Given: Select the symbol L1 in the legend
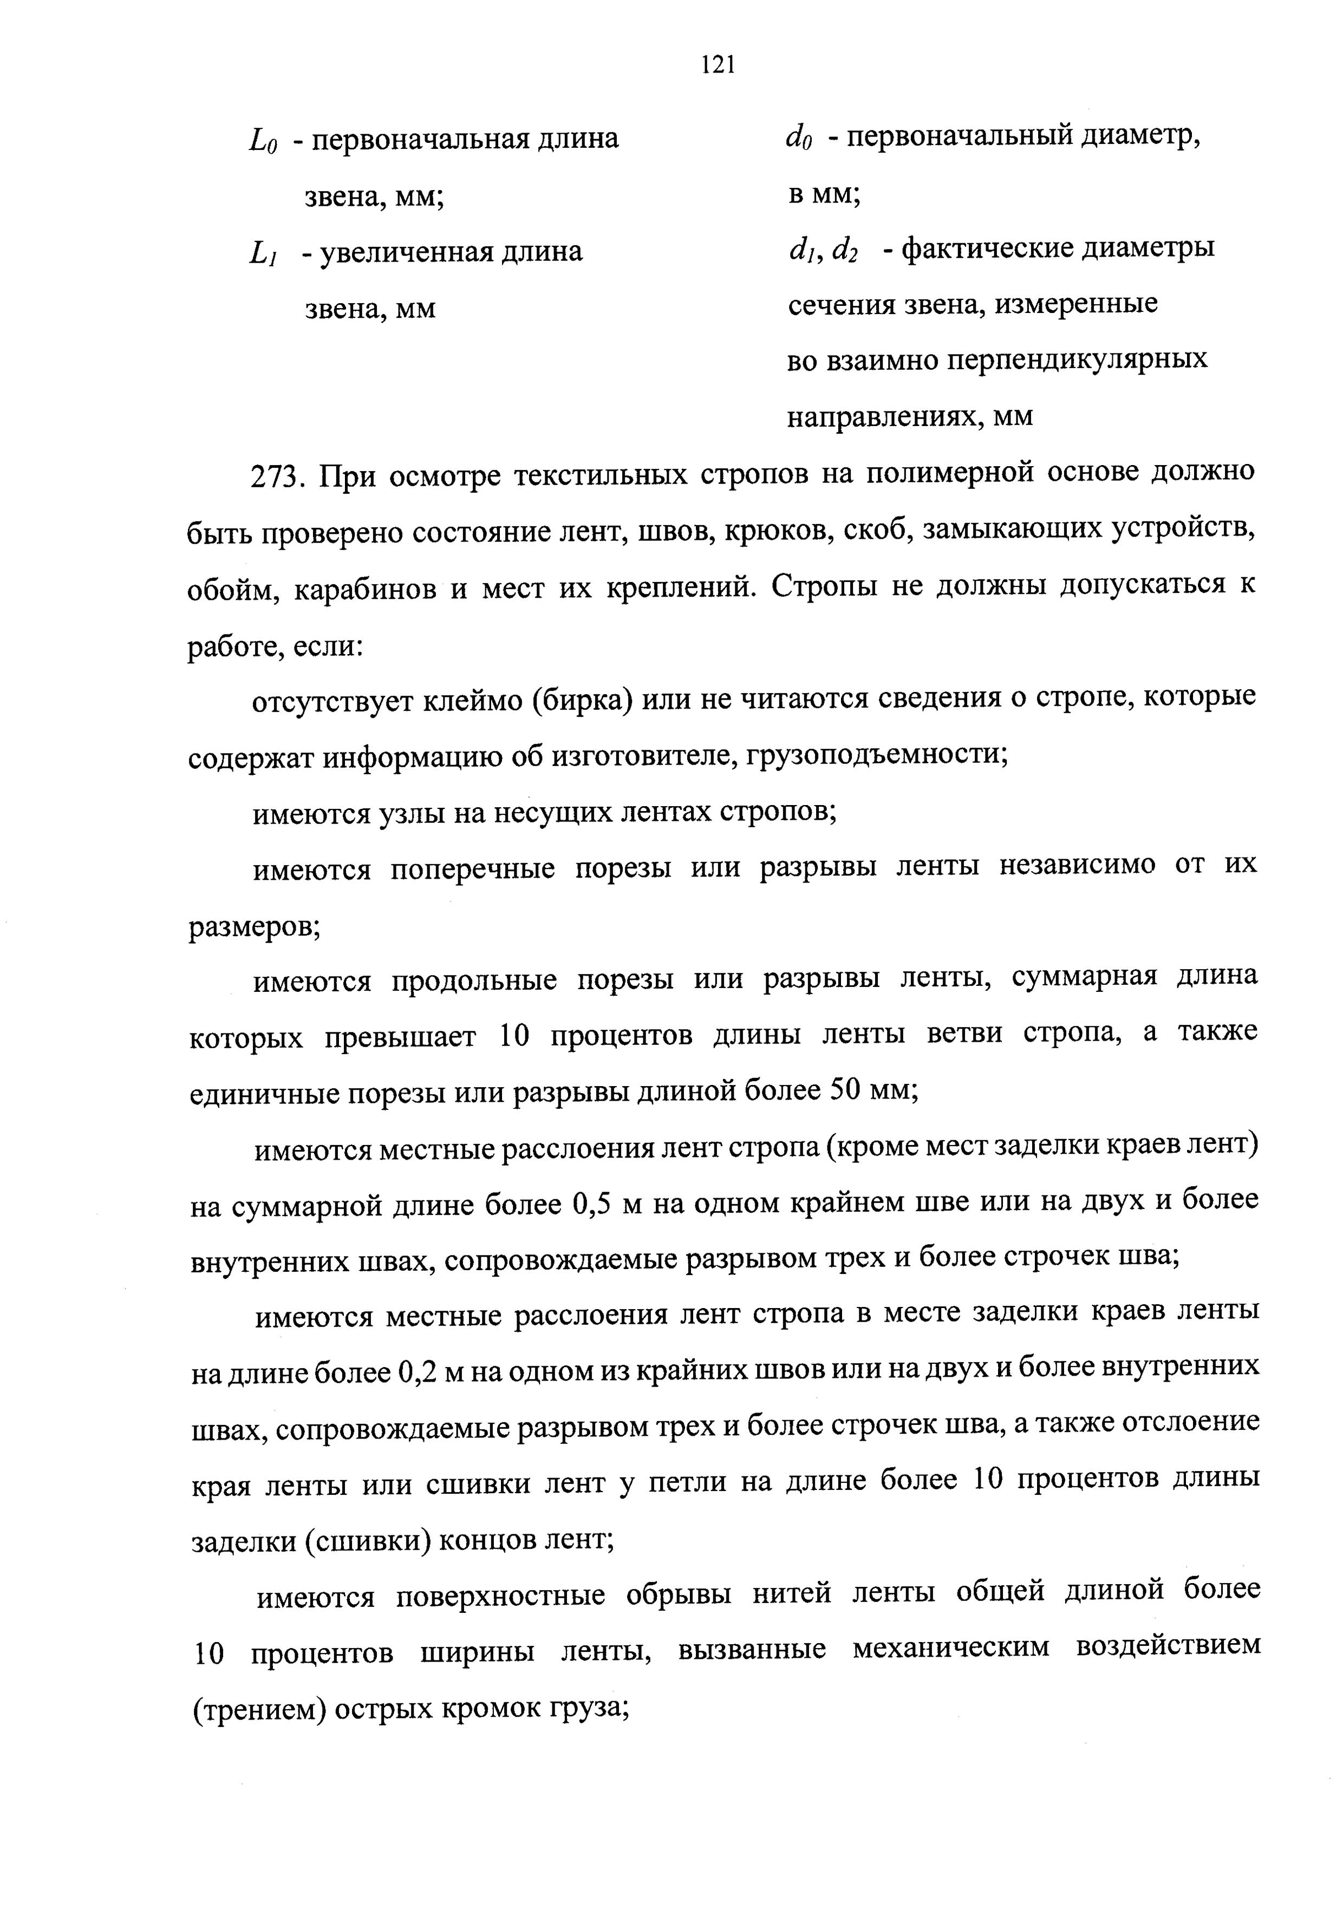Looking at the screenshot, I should click(x=263, y=253).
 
